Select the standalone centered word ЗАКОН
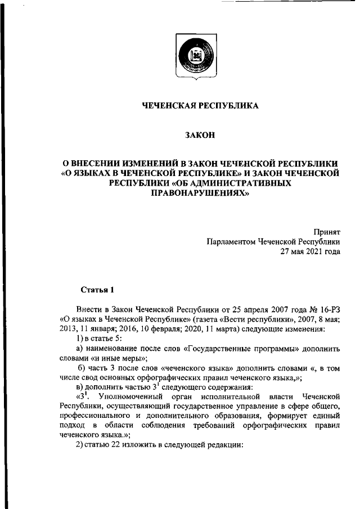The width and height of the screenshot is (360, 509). tap(200, 134)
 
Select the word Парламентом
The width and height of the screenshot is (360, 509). tap(231, 241)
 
